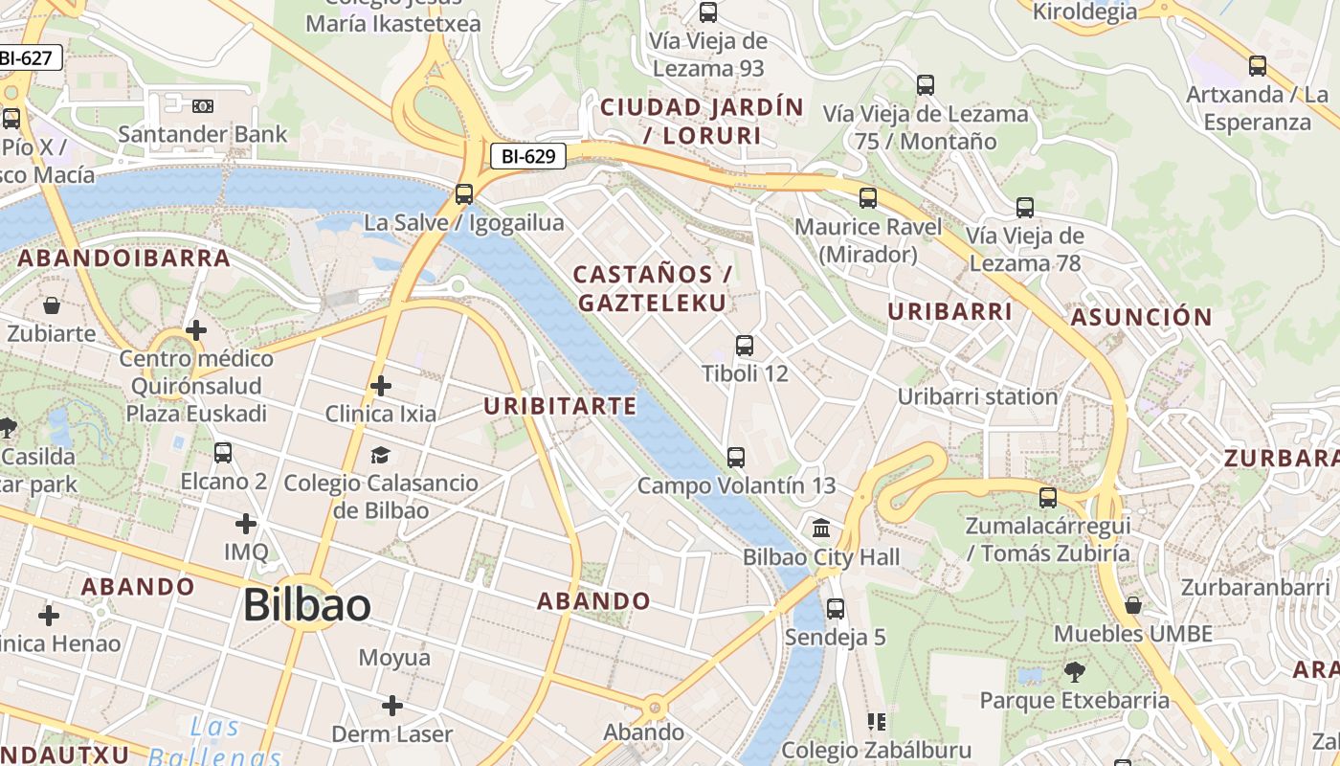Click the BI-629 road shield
[528, 156]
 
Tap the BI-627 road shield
[27, 57]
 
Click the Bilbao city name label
[306, 605]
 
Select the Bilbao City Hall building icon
[821, 529]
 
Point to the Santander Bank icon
[203, 106]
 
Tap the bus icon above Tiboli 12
[745, 346]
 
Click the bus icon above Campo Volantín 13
[736, 458]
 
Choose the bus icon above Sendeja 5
[836, 608]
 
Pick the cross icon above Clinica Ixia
[381, 386]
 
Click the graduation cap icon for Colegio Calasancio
[381, 455]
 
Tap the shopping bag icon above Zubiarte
[52, 306]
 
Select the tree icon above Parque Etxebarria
[1075, 672]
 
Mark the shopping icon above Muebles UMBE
[1133, 605]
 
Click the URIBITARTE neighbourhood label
[560, 406]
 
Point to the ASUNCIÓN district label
[1141, 317]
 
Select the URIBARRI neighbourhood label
[949, 311]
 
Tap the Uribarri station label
[977, 396]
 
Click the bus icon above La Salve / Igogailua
[464, 194]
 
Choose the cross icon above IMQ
[246, 524]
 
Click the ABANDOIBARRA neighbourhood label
[124, 258]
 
